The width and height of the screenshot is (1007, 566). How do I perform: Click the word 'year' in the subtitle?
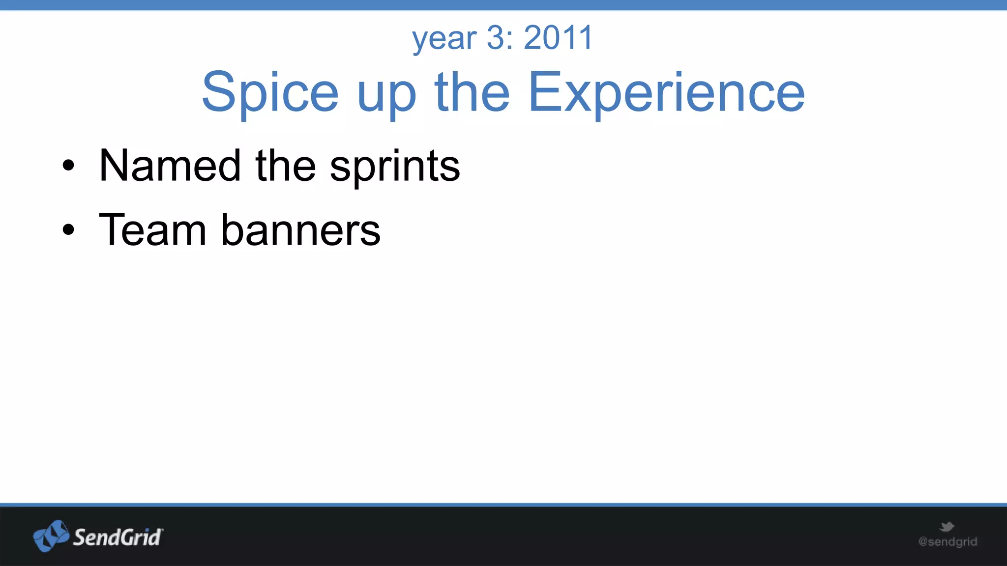coord(444,39)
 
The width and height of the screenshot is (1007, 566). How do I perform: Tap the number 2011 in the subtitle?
coord(559,37)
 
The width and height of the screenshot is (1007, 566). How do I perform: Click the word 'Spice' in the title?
coord(270,92)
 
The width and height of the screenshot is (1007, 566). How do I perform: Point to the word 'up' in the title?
coord(387,96)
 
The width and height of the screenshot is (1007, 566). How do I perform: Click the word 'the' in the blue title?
coord(472,91)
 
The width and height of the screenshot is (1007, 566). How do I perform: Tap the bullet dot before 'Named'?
coord(68,166)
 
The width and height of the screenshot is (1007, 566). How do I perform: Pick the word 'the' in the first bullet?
coord(285,166)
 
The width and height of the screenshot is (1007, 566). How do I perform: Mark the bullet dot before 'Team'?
coord(68,229)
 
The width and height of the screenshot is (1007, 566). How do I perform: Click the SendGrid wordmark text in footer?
coord(117,538)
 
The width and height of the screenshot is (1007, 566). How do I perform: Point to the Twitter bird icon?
coord(947,527)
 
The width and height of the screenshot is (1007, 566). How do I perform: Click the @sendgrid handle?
coord(948,542)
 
